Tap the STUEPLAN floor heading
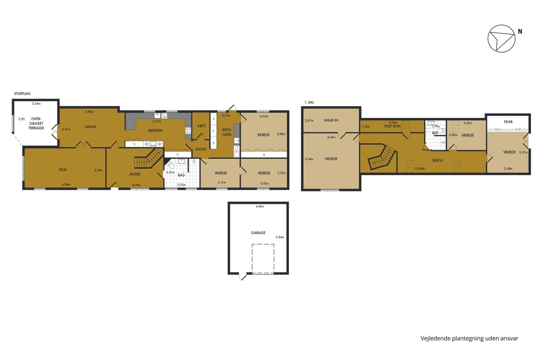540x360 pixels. coord(22,94)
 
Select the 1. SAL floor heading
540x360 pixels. coord(309,102)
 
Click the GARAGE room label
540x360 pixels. coord(258,233)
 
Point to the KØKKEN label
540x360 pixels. coord(155,130)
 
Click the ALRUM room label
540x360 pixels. coord(90,126)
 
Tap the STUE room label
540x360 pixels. coord(63,170)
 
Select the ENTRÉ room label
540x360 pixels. coord(135,174)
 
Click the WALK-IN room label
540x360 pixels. coord(331,120)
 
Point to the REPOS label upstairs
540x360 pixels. coord(438,160)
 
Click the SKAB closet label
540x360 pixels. coord(508,121)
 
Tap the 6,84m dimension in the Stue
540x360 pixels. coord(66,184)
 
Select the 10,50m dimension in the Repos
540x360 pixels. coord(420,169)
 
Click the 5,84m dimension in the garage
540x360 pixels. coord(280,237)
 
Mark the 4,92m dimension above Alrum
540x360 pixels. coord(90,112)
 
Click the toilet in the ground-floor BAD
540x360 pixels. coord(170,165)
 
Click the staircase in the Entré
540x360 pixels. coord(148,159)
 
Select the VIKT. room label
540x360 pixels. coord(202,126)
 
